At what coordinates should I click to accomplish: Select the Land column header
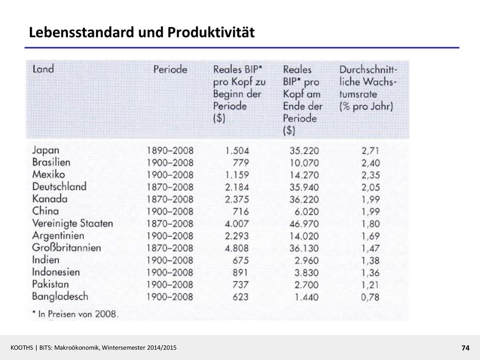(43, 69)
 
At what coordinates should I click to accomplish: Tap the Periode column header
(170, 69)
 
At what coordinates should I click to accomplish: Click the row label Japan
(45, 150)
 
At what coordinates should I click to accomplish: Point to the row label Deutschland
(60, 187)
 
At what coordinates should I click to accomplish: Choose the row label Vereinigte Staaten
(73, 223)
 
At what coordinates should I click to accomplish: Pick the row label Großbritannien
(67, 247)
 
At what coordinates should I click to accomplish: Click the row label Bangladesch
(60, 296)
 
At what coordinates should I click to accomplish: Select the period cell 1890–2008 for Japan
(170, 150)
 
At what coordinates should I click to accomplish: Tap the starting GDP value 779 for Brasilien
(240, 163)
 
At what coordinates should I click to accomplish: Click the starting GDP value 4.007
(237, 224)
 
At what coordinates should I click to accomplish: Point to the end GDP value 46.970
(304, 224)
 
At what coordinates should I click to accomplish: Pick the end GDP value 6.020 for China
(307, 211)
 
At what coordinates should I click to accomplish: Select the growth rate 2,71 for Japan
(370, 150)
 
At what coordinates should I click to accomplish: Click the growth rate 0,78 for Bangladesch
(370, 297)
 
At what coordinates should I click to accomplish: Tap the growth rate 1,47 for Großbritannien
(370, 248)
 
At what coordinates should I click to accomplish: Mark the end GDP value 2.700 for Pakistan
(307, 285)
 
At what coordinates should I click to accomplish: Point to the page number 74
(465, 348)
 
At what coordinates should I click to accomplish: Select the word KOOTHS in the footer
(22, 347)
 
